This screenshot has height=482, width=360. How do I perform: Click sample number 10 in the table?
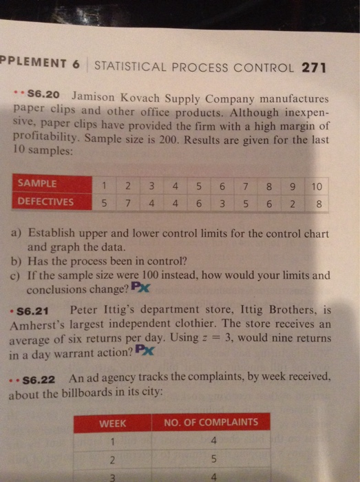(316, 186)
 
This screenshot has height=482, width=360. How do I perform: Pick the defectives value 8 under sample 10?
(316, 204)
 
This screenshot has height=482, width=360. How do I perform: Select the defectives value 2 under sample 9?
(295, 204)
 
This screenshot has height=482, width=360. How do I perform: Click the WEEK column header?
(113, 421)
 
